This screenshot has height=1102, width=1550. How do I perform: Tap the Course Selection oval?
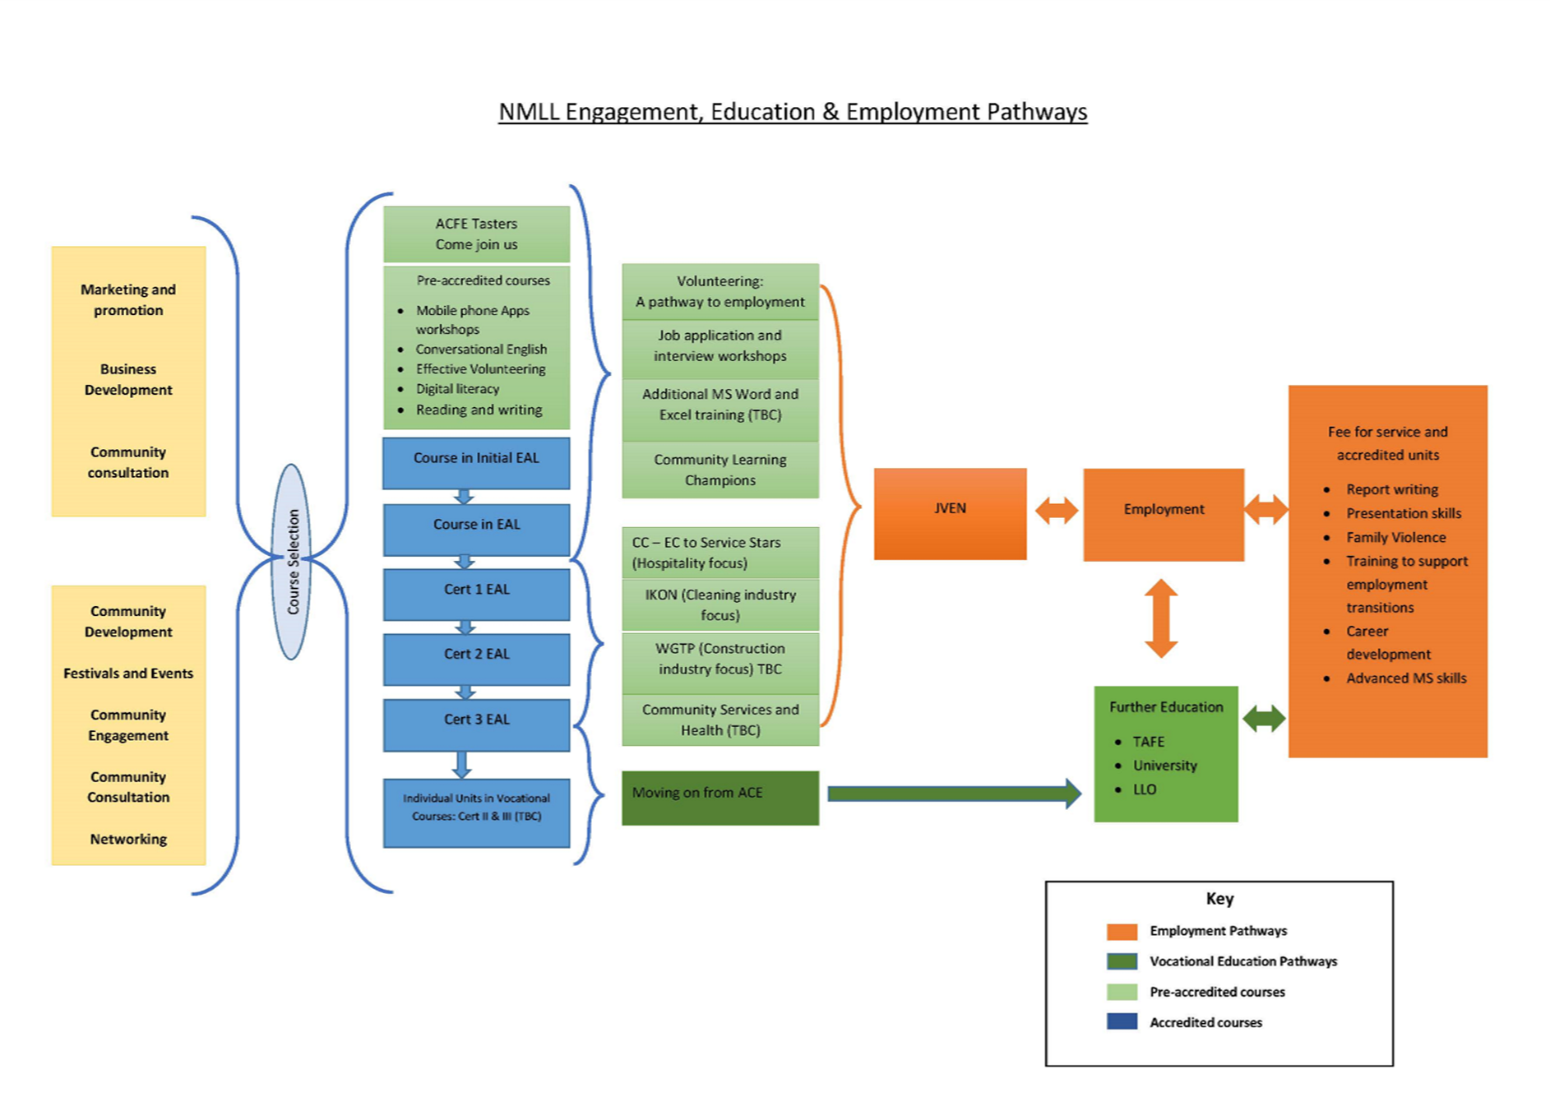coord(292,562)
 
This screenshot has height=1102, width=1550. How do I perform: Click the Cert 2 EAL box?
coord(476,659)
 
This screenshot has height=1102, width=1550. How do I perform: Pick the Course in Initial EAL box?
coord(476,462)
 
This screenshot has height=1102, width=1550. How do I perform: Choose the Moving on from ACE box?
coord(719,797)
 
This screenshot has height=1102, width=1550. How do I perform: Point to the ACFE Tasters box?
coord(476,234)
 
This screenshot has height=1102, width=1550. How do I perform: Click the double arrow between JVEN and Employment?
coord(1056,510)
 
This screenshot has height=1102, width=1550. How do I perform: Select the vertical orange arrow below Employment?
coord(1161,618)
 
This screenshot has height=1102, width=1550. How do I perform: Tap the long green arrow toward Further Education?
coord(954,794)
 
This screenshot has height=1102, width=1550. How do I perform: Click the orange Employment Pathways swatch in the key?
coord(1122,931)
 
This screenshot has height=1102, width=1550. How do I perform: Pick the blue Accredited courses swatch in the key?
coord(1122,1022)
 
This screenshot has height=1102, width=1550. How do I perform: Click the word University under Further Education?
coord(1164,766)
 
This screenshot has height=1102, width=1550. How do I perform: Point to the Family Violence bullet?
coord(1395,538)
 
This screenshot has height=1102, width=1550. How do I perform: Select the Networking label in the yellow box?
coord(128,839)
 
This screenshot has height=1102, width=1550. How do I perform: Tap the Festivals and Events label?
coord(128,674)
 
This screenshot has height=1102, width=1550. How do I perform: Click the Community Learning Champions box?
coord(719,470)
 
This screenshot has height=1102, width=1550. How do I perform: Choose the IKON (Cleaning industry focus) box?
coord(719,604)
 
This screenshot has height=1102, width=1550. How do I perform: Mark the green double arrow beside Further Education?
coord(1264,719)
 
